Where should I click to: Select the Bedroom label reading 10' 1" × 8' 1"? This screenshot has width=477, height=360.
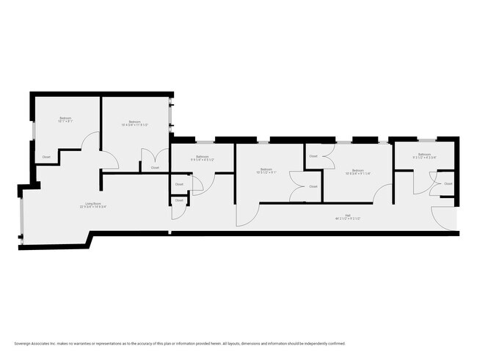click(x=65, y=119)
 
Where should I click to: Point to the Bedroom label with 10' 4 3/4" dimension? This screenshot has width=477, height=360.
click(x=135, y=122)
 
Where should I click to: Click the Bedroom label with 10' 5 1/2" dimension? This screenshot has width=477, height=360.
click(x=266, y=169)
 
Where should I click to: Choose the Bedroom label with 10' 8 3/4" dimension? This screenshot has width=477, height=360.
click(x=358, y=169)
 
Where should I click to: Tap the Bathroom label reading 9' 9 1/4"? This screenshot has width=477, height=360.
click(x=201, y=156)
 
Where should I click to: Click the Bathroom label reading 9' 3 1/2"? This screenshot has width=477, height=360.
click(x=424, y=154)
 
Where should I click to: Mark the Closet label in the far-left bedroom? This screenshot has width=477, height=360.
click(x=46, y=157)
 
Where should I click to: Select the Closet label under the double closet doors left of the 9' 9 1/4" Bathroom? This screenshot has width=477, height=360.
click(x=155, y=168)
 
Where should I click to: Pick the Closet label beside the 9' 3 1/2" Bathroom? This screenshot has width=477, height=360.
click(x=448, y=183)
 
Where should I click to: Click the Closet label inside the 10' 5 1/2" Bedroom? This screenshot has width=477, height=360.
click(x=313, y=186)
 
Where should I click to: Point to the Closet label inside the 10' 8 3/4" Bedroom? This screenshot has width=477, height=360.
click(x=313, y=156)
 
